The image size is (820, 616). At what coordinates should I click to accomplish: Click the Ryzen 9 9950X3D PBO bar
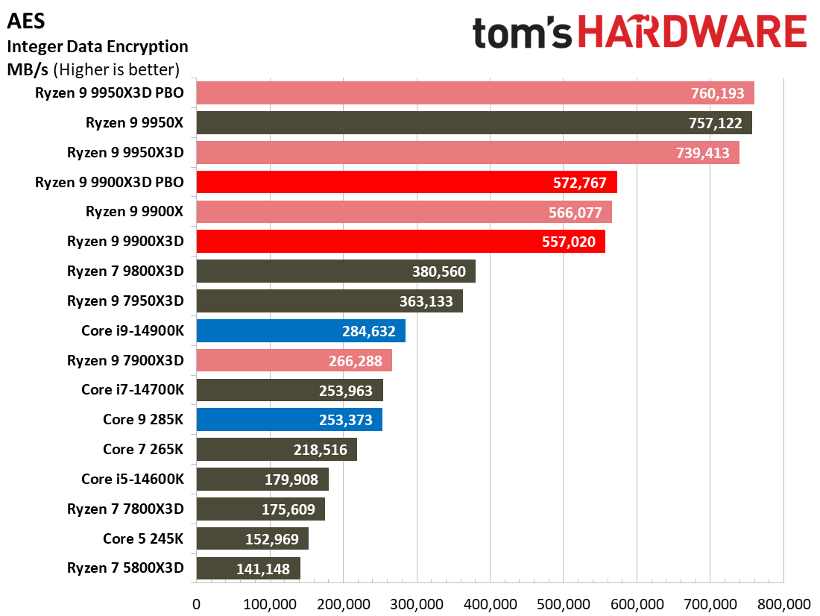tap(476, 93)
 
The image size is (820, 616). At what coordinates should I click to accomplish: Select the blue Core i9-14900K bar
tap(300, 331)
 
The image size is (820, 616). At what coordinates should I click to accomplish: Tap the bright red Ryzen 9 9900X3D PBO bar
tap(407, 182)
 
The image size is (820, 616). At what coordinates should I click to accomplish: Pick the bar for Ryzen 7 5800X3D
tap(248, 568)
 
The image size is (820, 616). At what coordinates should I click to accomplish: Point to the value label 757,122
tap(715, 123)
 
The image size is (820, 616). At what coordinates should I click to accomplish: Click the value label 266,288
tap(355, 361)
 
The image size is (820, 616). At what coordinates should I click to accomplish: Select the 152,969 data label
tap(272, 539)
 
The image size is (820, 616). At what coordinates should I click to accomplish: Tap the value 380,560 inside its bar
tap(439, 271)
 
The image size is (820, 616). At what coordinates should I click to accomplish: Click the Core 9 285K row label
tap(143, 419)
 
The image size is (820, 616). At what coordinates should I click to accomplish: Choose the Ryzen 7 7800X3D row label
tap(125, 509)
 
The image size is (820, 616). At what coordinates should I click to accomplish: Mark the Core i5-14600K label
tap(133, 479)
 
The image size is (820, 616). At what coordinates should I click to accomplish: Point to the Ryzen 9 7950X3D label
tap(125, 301)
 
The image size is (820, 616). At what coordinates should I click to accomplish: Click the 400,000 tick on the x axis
tap(490, 604)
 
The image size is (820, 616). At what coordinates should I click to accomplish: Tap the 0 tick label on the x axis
tap(196, 604)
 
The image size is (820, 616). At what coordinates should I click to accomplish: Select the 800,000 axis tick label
tap(784, 604)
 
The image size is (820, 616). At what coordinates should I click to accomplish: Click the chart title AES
tap(26, 21)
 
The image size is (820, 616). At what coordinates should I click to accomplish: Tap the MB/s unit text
tap(27, 69)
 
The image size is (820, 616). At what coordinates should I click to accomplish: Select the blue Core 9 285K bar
tap(289, 420)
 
